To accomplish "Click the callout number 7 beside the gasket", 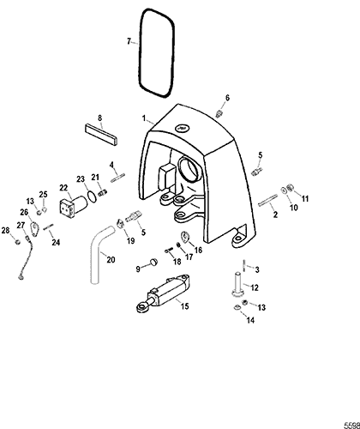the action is [x=129, y=41].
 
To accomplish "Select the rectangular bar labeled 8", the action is [x=101, y=135].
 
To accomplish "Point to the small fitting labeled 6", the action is [x=219, y=113].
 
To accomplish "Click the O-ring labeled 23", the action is [x=92, y=197].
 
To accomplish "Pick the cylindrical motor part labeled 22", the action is [x=73, y=206].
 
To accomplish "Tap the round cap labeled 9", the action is [x=154, y=262].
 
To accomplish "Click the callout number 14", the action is [x=250, y=320].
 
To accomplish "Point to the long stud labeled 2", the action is [x=267, y=200].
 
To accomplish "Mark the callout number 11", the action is [x=305, y=198].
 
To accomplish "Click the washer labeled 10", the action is [x=285, y=190].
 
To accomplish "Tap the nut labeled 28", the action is [x=17, y=242].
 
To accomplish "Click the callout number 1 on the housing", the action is [x=144, y=118].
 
